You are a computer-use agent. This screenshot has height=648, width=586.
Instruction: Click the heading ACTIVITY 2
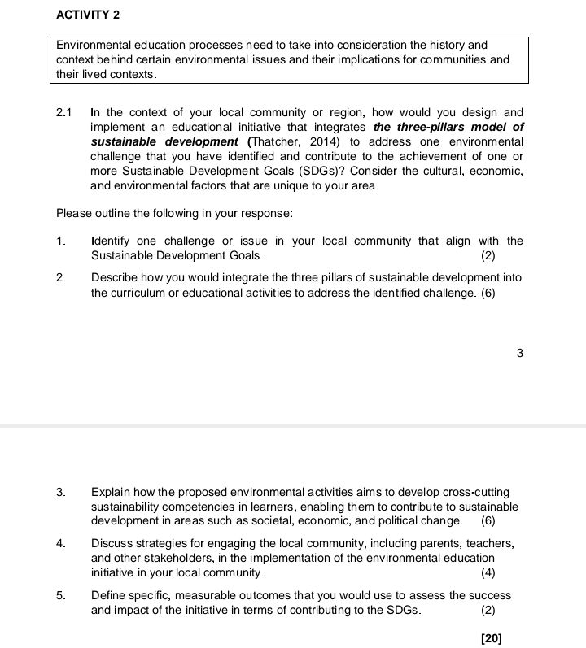click(x=88, y=15)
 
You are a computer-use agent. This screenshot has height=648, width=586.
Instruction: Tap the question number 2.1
click(x=65, y=112)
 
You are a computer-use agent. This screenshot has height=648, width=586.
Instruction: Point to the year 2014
click(x=319, y=141)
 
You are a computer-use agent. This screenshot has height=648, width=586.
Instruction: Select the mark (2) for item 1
click(x=488, y=255)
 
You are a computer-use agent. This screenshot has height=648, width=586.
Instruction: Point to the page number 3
click(x=519, y=353)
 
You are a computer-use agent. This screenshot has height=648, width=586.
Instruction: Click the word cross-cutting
click(x=476, y=492)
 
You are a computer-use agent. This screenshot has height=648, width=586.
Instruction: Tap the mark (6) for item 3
click(x=488, y=520)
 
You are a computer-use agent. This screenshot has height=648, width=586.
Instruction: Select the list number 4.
click(x=60, y=543)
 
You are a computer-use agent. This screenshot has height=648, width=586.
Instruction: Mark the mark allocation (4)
click(x=488, y=572)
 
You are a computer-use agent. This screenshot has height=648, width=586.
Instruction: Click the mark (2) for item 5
click(x=488, y=610)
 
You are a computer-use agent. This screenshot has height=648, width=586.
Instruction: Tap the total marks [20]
click(x=492, y=638)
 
